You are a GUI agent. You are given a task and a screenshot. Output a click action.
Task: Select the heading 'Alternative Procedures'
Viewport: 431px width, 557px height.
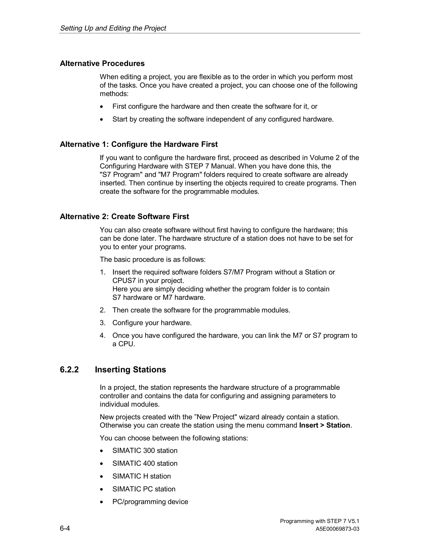coord(102,63)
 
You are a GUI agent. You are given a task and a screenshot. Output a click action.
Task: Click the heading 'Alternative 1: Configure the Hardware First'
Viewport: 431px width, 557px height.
coord(139,144)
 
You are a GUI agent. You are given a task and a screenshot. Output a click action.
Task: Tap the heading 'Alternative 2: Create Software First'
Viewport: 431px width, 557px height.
coord(124,216)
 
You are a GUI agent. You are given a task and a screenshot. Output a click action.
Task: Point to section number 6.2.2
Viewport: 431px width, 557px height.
coord(69,370)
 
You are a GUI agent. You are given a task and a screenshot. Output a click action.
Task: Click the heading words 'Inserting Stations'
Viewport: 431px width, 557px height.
coord(130,370)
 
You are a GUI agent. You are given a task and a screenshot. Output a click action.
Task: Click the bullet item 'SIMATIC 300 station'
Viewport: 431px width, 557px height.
coord(145,451)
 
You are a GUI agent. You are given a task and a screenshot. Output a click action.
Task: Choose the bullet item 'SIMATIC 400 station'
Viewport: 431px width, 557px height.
coord(145,463)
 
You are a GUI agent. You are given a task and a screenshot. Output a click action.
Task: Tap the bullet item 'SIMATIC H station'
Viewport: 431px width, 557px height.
coord(141,476)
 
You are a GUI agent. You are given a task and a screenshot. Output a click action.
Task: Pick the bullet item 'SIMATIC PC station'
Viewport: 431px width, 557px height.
coord(144,489)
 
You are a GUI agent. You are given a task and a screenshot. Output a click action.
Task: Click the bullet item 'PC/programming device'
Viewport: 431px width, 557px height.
coord(150,502)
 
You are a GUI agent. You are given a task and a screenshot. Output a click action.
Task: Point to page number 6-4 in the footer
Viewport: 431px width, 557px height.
coord(65,528)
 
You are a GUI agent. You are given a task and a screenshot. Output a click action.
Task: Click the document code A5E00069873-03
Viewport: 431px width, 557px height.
coord(337,529)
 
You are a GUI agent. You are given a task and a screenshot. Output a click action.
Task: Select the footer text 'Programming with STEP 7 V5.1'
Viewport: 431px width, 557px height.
coord(319,521)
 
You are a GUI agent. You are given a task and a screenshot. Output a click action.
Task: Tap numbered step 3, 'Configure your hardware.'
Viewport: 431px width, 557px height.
coord(152,323)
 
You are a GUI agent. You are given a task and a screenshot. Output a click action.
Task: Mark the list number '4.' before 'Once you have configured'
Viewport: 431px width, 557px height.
coord(102,336)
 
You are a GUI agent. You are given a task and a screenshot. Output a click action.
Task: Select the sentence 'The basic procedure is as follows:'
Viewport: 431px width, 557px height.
coord(152,260)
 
